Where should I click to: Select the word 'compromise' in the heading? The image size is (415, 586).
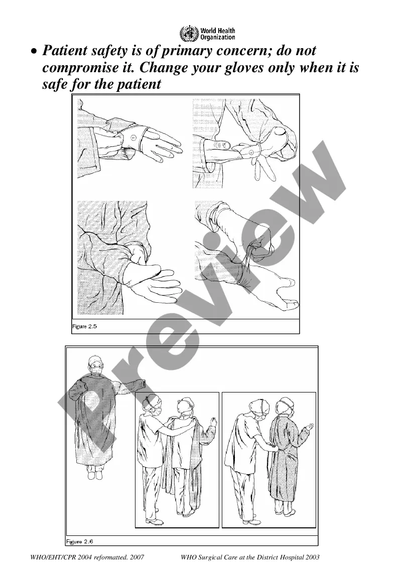(x=79, y=68)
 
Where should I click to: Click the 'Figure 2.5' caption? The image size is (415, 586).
(x=85, y=326)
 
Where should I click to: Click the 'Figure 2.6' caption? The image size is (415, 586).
(x=79, y=541)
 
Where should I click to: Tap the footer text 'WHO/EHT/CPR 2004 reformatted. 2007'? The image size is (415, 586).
(x=87, y=557)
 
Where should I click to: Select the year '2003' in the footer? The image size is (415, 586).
(x=312, y=557)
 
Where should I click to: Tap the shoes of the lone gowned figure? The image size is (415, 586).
(x=94, y=475)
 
